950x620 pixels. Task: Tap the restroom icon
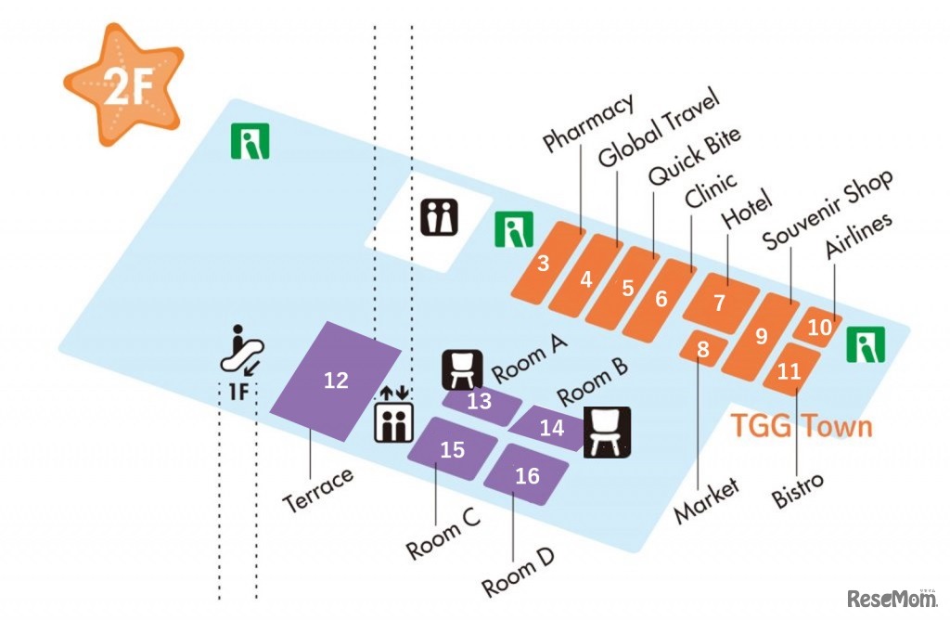[x=440, y=217]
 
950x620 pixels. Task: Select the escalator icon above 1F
[x=243, y=349]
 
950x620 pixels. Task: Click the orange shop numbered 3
[x=543, y=263]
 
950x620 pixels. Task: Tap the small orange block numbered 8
[x=703, y=349]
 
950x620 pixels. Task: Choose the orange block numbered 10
[x=820, y=327]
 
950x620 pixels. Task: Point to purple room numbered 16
[x=527, y=476]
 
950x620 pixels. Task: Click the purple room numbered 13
[x=480, y=402]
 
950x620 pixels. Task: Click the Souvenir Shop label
[x=828, y=209]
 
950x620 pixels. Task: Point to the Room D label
[x=519, y=573]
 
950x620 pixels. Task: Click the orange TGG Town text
[x=802, y=426]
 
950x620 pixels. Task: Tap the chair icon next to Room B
[x=607, y=433]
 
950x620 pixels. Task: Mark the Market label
[x=706, y=501]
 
